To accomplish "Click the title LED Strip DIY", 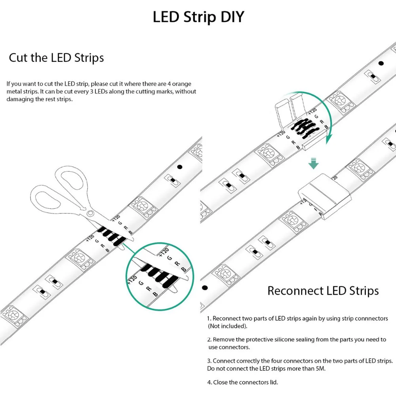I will click(x=198, y=17).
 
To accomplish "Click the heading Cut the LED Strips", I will click(x=56, y=58).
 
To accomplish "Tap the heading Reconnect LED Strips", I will click(x=323, y=291).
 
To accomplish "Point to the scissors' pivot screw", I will click(x=91, y=213).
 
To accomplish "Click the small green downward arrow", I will click(x=314, y=164).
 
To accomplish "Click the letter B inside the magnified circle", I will click(x=155, y=294).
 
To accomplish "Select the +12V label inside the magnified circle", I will click(x=132, y=279).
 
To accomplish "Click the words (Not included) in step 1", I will click(x=228, y=326).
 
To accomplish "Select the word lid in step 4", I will click(x=273, y=382).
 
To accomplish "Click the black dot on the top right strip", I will click(x=381, y=63).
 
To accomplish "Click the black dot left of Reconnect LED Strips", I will click(x=205, y=287).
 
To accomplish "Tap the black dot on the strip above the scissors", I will click(x=179, y=167).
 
